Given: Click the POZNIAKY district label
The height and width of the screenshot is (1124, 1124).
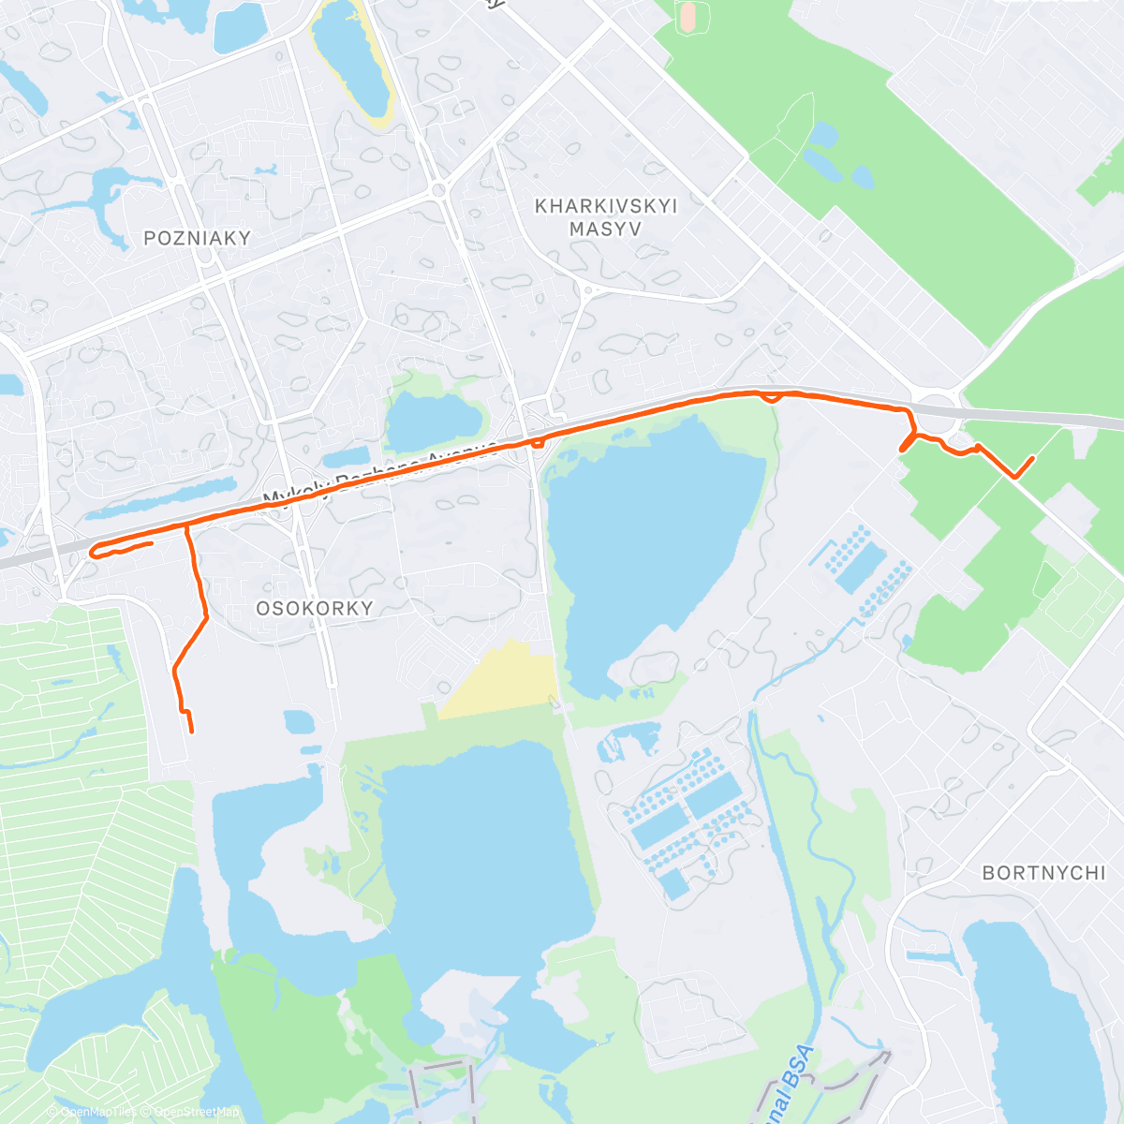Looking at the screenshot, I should click(x=198, y=238).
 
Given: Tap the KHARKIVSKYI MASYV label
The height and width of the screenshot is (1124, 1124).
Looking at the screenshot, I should click(x=605, y=216).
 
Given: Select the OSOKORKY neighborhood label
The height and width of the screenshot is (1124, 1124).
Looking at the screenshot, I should click(x=315, y=608).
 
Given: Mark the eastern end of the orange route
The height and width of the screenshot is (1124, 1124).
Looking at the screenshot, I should click(x=1032, y=457).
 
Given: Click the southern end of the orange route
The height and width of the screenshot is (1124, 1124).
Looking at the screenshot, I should click(x=192, y=732).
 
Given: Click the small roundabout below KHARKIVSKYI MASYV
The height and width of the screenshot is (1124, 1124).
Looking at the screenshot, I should click(x=588, y=290).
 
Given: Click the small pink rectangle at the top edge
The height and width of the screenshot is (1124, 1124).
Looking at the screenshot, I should click(x=688, y=15).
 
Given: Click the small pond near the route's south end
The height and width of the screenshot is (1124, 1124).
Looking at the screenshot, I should click(x=299, y=721).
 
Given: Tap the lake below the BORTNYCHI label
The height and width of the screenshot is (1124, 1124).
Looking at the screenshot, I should click(x=1030, y=1012).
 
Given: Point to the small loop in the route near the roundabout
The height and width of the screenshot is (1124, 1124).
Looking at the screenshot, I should click(x=771, y=398).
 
